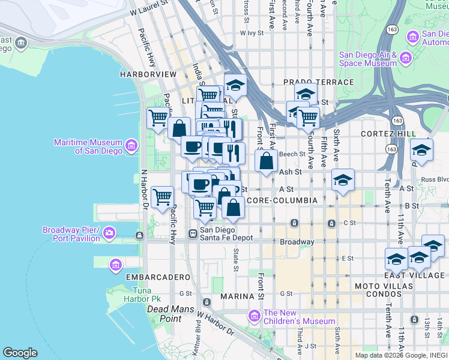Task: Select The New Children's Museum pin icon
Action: pos(255,314)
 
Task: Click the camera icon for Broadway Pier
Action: pos(109,232)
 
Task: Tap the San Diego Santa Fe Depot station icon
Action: pos(193,233)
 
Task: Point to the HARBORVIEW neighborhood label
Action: pos(148,74)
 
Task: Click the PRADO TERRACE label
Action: pos(318,82)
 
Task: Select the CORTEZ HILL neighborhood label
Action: pos(388,133)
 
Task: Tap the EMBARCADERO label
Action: pos(151,277)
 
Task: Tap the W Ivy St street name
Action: pos(252,34)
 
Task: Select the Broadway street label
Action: pos(297,242)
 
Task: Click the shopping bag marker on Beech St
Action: pos(267,161)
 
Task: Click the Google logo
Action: pos(20,353)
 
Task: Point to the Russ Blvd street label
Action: pos(435,179)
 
